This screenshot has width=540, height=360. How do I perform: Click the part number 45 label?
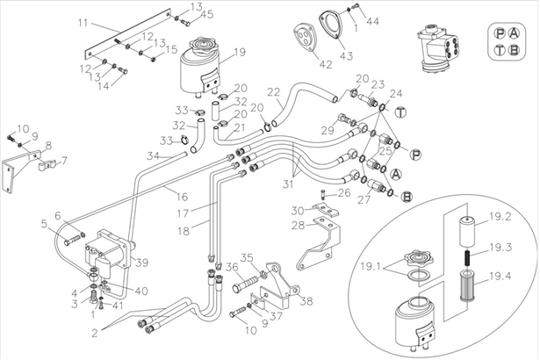point(207,14)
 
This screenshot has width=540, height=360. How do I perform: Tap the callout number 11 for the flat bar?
point(83,23)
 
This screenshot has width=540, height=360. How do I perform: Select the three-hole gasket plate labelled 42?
point(304,38)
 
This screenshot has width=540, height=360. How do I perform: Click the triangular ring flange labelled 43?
point(330,25)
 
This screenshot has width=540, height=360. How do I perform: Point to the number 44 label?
point(372,21)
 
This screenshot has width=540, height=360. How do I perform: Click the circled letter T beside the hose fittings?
point(400,112)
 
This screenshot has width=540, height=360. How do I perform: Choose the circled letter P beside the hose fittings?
point(415,155)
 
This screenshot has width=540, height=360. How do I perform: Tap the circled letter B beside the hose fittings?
point(407,197)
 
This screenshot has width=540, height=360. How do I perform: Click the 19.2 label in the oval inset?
point(500,217)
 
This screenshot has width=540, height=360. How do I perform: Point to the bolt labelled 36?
point(245,283)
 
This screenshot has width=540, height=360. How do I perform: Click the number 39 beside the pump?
point(141,263)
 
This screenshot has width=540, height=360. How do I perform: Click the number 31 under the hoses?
point(288,184)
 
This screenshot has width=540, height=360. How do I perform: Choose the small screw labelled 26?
point(324,194)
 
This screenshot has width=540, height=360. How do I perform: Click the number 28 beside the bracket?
point(299,227)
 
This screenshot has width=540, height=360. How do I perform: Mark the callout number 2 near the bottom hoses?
point(95,333)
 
